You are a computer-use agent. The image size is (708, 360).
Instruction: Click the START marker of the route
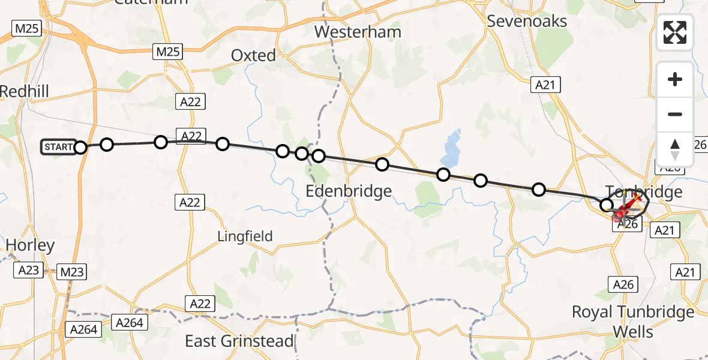coord(58,147)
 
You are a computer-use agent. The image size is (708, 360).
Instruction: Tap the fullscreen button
coord(675,32)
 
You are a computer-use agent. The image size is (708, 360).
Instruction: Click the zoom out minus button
coord(675,114)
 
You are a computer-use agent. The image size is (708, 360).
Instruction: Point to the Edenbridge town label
coord(349,191)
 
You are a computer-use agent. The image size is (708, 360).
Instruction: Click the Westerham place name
coord(357,31)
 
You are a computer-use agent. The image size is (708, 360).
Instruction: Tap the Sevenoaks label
coord(527,21)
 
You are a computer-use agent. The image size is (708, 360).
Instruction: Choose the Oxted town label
coord(254,55)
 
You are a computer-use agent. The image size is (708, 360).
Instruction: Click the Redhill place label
coord(24,91)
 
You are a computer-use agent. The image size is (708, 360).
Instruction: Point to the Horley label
coord(30,245)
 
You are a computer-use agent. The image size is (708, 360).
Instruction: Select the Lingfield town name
coord(245,236)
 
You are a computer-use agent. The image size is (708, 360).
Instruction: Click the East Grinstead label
coord(239,341)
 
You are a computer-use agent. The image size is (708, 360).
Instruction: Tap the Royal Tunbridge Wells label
coord(633,322)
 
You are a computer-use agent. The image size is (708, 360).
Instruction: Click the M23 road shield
coord(72,272)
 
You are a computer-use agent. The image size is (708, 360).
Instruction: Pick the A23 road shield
coord(28,271)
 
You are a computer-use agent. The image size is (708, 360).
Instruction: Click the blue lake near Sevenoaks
coord(452,149)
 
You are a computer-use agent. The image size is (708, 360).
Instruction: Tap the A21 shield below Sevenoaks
coord(545,86)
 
